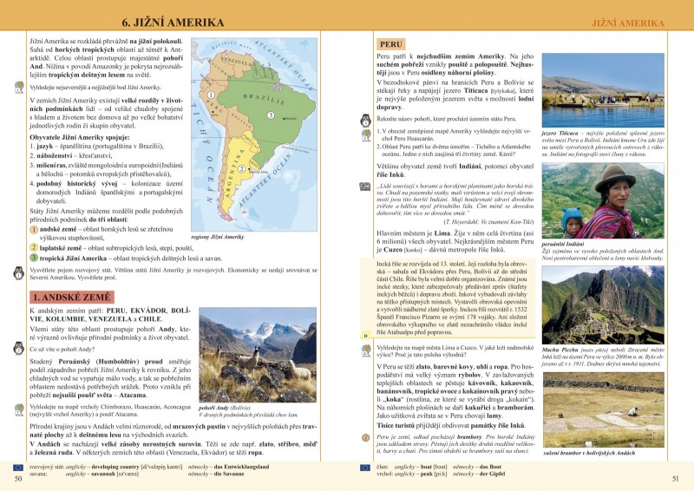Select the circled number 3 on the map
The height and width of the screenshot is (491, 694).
(x=270, y=115)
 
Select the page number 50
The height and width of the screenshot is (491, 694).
(x=17, y=477)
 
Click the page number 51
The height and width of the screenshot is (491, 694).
(x=676, y=477)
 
